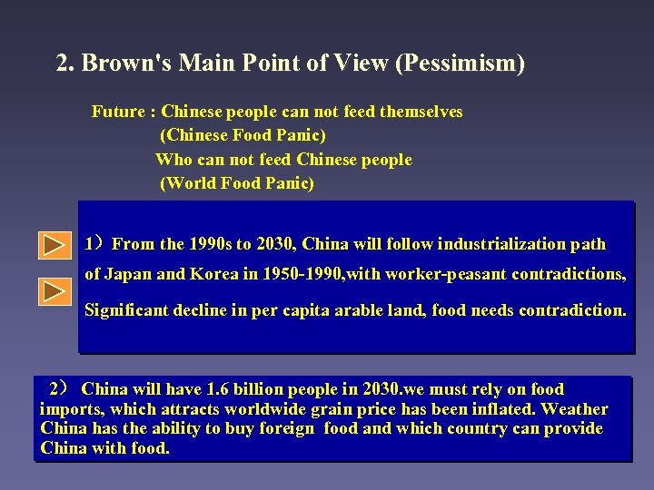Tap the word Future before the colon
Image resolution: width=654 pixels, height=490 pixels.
pyautogui.click(x=118, y=112)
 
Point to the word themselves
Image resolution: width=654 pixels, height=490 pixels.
pyautogui.click(x=419, y=112)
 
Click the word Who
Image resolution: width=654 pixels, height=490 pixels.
pyautogui.click(x=173, y=160)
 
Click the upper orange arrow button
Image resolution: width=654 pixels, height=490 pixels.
pyautogui.click(x=54, y=245)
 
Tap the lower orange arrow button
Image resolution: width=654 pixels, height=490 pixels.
pyautogui.click(x=54, y=291)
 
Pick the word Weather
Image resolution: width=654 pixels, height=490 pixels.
pyautogui.click(x=575, y=409)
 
